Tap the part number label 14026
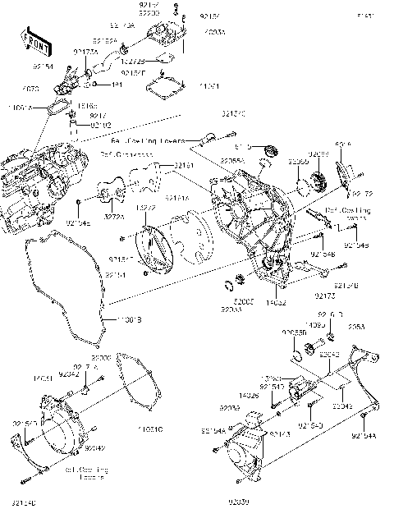[248, 396]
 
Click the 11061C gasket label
[149, 429]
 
